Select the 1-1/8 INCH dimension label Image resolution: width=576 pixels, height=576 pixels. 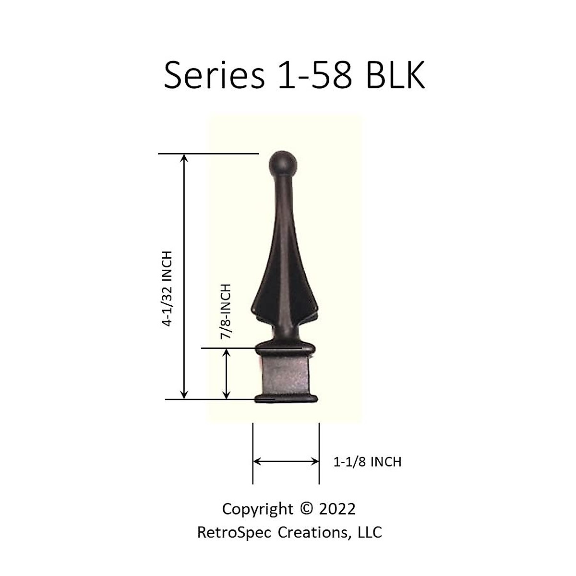tap(367, 462)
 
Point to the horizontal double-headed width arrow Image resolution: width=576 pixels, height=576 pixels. tap(286, 462)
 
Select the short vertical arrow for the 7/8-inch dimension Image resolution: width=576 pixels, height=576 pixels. tap(227, 374)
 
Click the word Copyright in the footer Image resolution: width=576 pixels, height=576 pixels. tap(257, 509)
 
